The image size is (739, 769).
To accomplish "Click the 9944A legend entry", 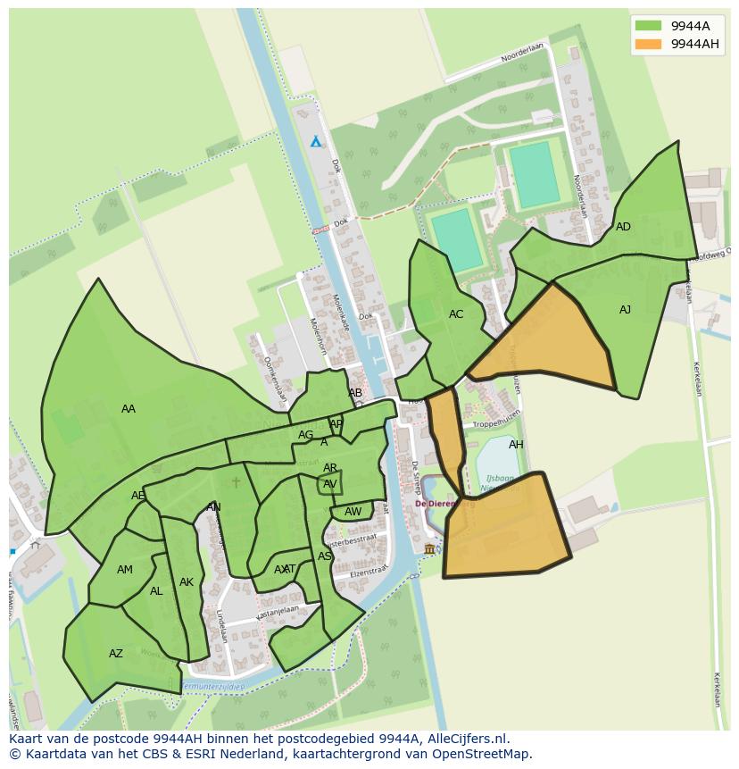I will coord(676,26).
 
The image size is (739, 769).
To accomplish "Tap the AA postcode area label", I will coord(129,409).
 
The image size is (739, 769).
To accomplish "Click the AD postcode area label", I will coord(623,227).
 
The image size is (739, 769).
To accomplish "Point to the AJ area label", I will coord(625,310).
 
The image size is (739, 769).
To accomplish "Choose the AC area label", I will coord(456,314).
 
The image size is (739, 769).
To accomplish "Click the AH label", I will coord(516,445).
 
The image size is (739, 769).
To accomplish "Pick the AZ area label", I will coord(116,654).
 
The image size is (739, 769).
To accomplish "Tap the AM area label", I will coord(125,570).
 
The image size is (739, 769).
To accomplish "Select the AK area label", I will coord(186,582).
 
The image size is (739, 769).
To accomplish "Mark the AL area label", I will coord(156,591).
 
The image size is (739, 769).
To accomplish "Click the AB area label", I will coord(355,393).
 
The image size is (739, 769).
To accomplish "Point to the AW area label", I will coord(353,512).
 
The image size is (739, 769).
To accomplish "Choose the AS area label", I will coord(325,556).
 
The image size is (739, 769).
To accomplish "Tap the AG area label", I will coord(306,435).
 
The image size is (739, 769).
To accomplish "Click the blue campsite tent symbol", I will coord(315,141).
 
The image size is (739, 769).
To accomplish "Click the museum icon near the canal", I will coord(429,548).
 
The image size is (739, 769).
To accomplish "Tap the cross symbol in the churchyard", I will coord(236,482).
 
